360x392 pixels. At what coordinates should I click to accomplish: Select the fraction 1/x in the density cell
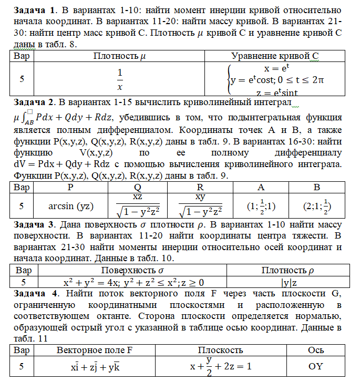tap(120, 79)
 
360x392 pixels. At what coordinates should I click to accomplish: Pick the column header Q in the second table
tap(137, 187)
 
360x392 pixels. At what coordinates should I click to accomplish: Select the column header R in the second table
tap(200, 187)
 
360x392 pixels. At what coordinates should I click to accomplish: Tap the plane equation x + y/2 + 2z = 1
tap(220, 366)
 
